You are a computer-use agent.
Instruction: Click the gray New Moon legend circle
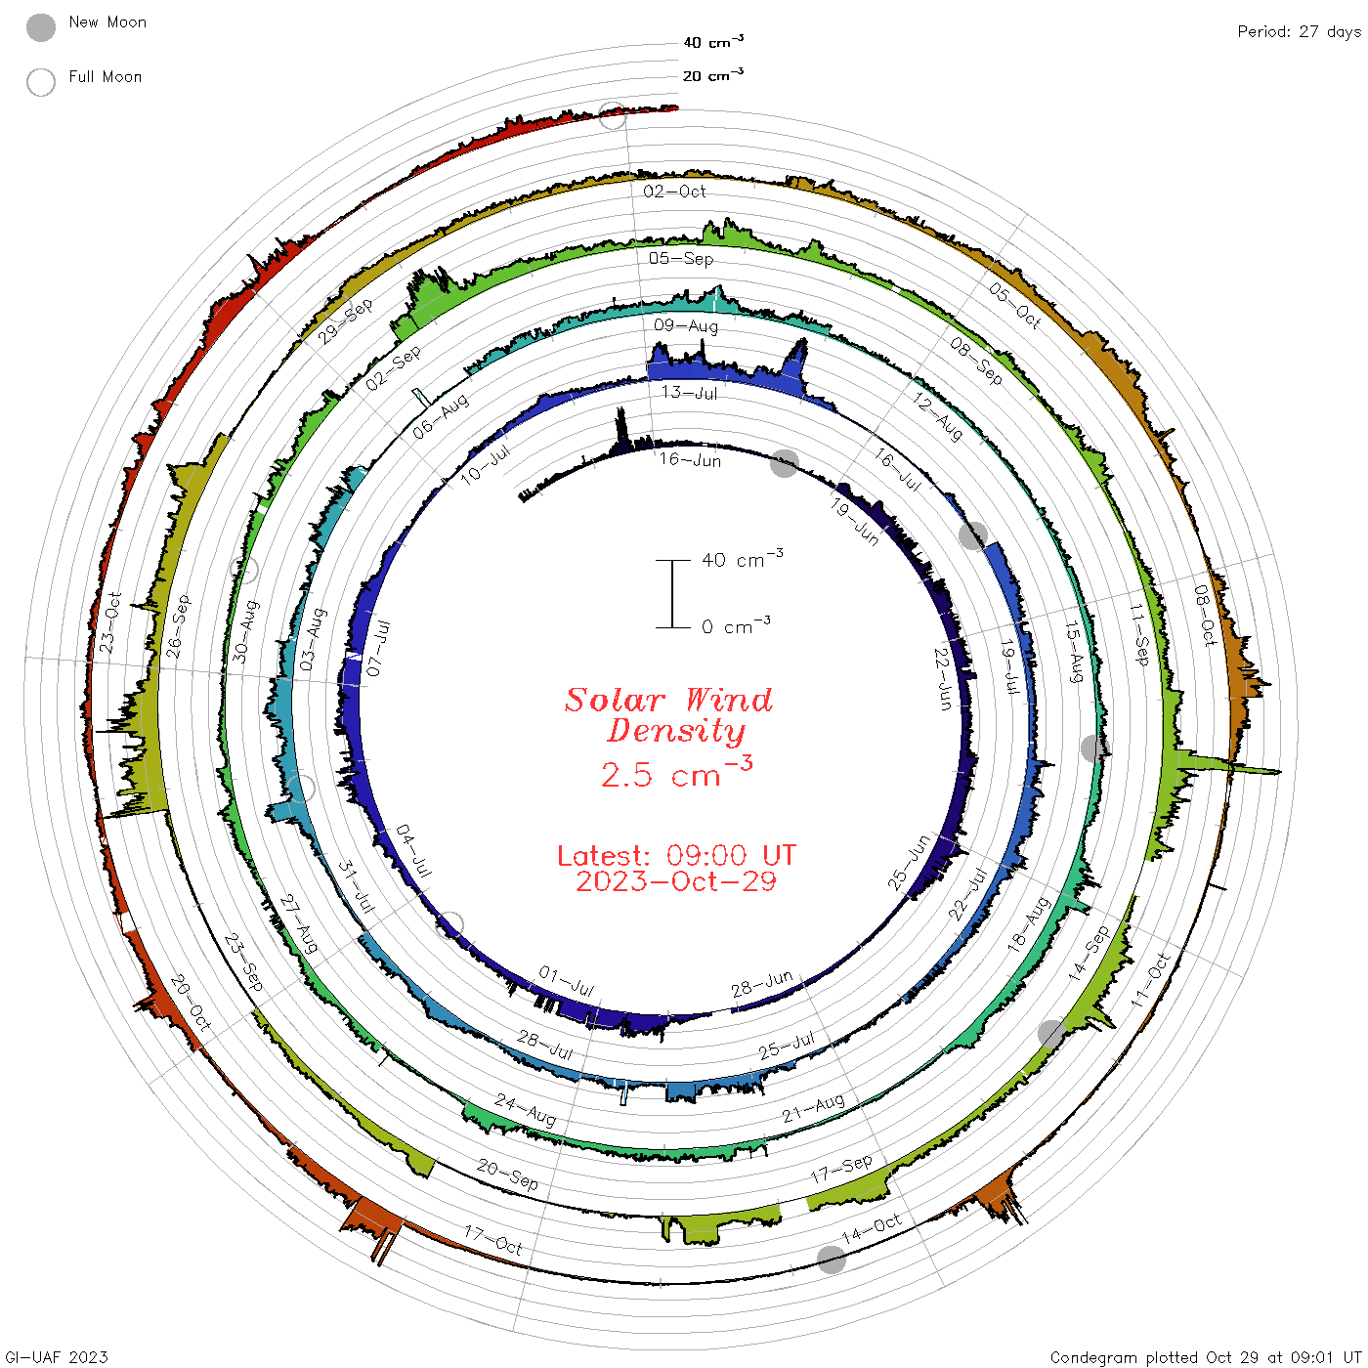tap(41, 27)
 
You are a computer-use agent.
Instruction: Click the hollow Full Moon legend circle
tap(41, 82)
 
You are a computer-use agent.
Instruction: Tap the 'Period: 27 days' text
tap(1299, 32)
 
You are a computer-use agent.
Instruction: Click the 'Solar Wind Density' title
tap(668, 715)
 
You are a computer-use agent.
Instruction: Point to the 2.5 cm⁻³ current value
tap(676, 772)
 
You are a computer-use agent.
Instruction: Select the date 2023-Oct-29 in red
tap(676, 881)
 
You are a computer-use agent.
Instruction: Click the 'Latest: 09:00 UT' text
tap(676, 855)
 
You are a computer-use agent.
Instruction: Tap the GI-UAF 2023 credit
tap(56, 1356)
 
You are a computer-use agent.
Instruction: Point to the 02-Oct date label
tap(674, 192)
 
